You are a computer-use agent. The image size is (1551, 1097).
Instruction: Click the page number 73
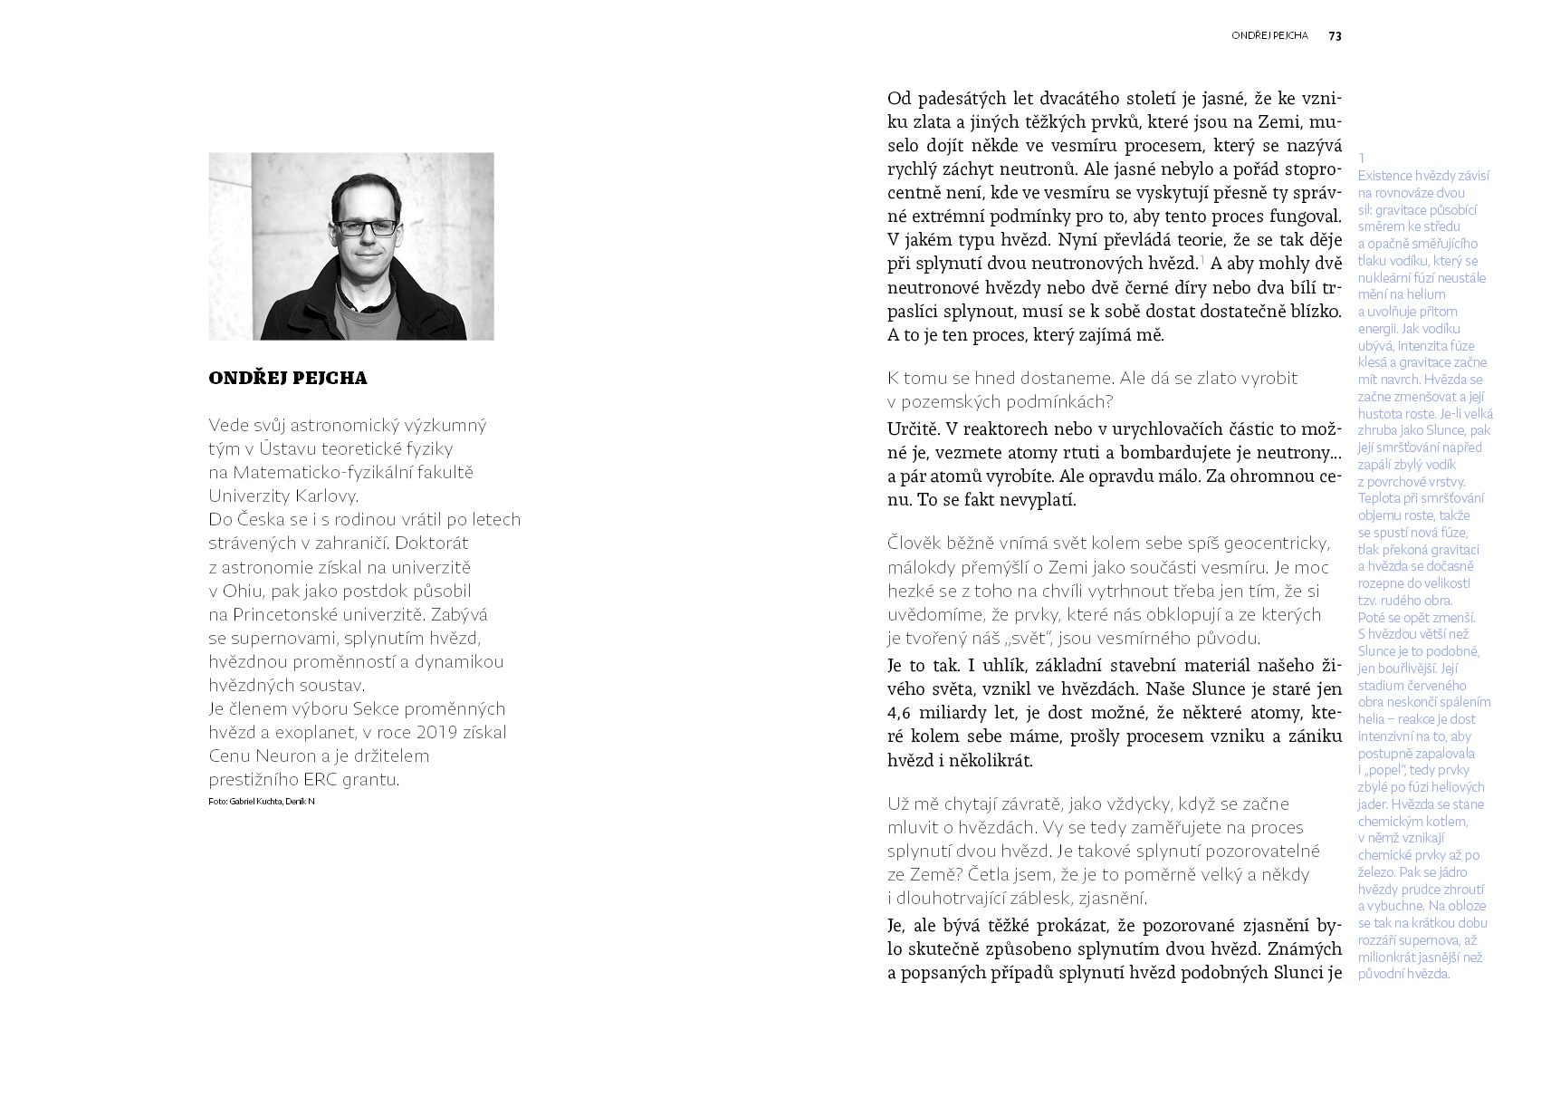[1335, 36]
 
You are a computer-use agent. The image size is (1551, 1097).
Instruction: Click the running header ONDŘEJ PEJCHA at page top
[1269, 36]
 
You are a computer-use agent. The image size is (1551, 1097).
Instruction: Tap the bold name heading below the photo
[288, 379]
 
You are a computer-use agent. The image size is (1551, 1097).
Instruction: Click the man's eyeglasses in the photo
[366, 227]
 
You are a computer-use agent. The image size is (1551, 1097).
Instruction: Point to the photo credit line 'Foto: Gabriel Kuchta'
[261, 802]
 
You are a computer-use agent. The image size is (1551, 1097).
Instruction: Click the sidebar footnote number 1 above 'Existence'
[1361, 159]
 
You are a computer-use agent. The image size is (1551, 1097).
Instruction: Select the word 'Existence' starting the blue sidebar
[1384, 176]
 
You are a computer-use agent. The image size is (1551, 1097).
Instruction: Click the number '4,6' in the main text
[899, 713]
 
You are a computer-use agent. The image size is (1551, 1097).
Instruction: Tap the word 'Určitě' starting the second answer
[911, 429]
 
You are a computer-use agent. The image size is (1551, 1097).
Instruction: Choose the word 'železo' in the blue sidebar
[1376, 872]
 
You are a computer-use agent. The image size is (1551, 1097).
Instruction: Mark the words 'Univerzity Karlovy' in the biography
[282, 496]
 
